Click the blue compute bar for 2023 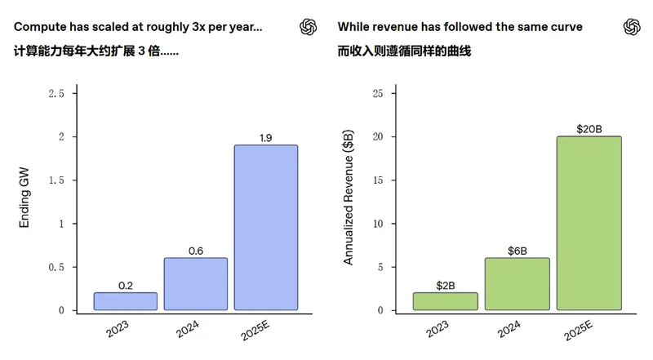pyautogui.click(x=125, y=301)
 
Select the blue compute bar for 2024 pyautogui.click(x=196, y=284)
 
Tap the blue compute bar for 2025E pyautogui.click(x=266, y=228)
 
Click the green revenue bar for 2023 pyautogui.click(x=445, y=301)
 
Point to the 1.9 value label pyautogui.click(x=266, y=138)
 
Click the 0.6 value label pyautogui.click(x=196, y=251)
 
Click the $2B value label pyautogui.click(x=445, y=285)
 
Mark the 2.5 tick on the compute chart pyautogui.click(x=56, y=94)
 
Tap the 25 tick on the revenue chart pyautogui.click(x=377, y=94)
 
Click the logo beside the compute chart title pyautogui.click(x=308, y=27)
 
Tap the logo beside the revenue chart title pyautogui.click(x=632, y=27)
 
